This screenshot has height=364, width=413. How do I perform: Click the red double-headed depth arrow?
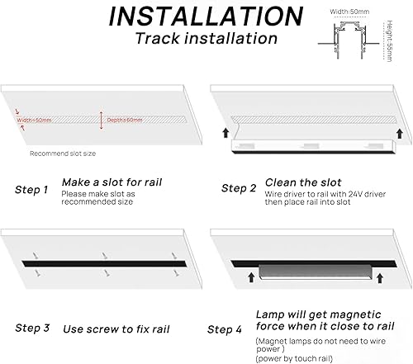point(102,120)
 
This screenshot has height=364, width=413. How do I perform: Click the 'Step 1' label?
point(31,189)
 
